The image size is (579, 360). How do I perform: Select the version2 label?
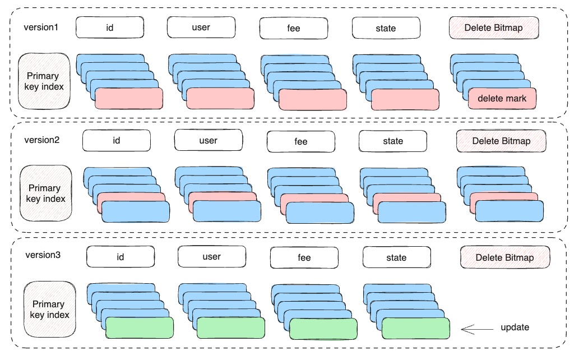tap(42, 140)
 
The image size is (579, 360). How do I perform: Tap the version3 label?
tap(44, 255)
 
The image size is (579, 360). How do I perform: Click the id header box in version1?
tap(109, 28)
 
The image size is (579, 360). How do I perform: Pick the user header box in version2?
tap(208, 140)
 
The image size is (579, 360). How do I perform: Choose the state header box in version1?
tap(386, 28)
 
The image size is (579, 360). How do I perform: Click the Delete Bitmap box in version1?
tap(494, 27)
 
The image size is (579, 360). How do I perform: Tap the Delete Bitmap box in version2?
tap(501, 141)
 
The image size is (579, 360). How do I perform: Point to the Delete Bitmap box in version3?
tap(504, 257)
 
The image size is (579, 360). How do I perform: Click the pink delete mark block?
tap(502, 99)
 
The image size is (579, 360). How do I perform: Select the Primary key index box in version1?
tap(44, 81)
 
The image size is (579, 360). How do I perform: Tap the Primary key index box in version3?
tap(50, 310)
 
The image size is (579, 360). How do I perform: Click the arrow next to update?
tap(475, 327)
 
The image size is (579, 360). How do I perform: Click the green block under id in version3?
tap(140, 327)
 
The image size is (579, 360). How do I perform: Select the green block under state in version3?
tap(415, 327)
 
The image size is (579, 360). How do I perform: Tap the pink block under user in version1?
tap(220, 98)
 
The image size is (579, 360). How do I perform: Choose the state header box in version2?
tap(393, 141)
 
